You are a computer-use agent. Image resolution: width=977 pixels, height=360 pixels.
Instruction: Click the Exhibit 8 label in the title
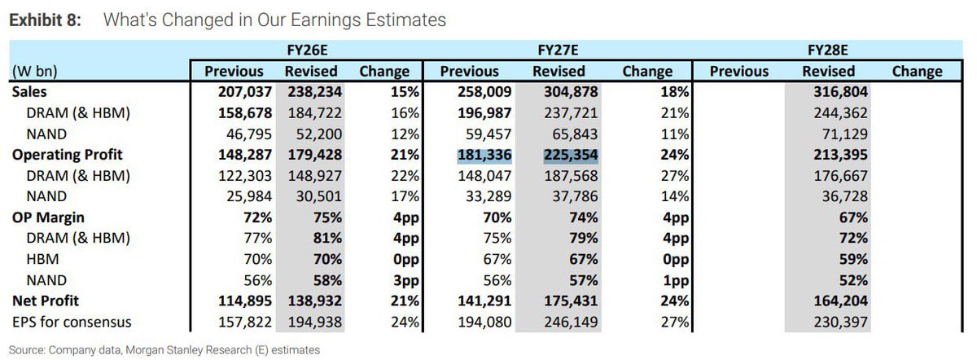[x=45, y=20]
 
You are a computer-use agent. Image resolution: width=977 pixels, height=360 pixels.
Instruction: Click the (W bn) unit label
[x=34, y=71]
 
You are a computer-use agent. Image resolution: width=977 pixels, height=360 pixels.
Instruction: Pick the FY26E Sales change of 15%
[x=406, y=92]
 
